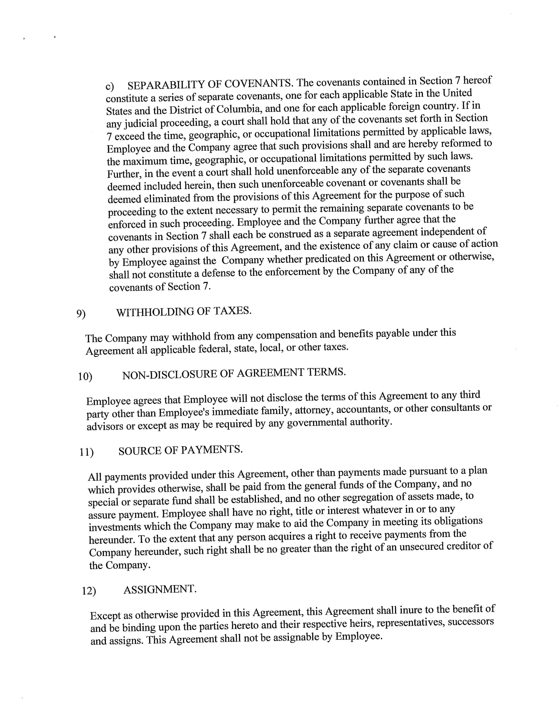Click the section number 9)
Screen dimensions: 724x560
tap(81, 314)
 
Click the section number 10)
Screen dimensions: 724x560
tap(85, 376)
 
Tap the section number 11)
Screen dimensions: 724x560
tap(86, 452)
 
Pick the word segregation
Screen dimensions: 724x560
tap(369, 498)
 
